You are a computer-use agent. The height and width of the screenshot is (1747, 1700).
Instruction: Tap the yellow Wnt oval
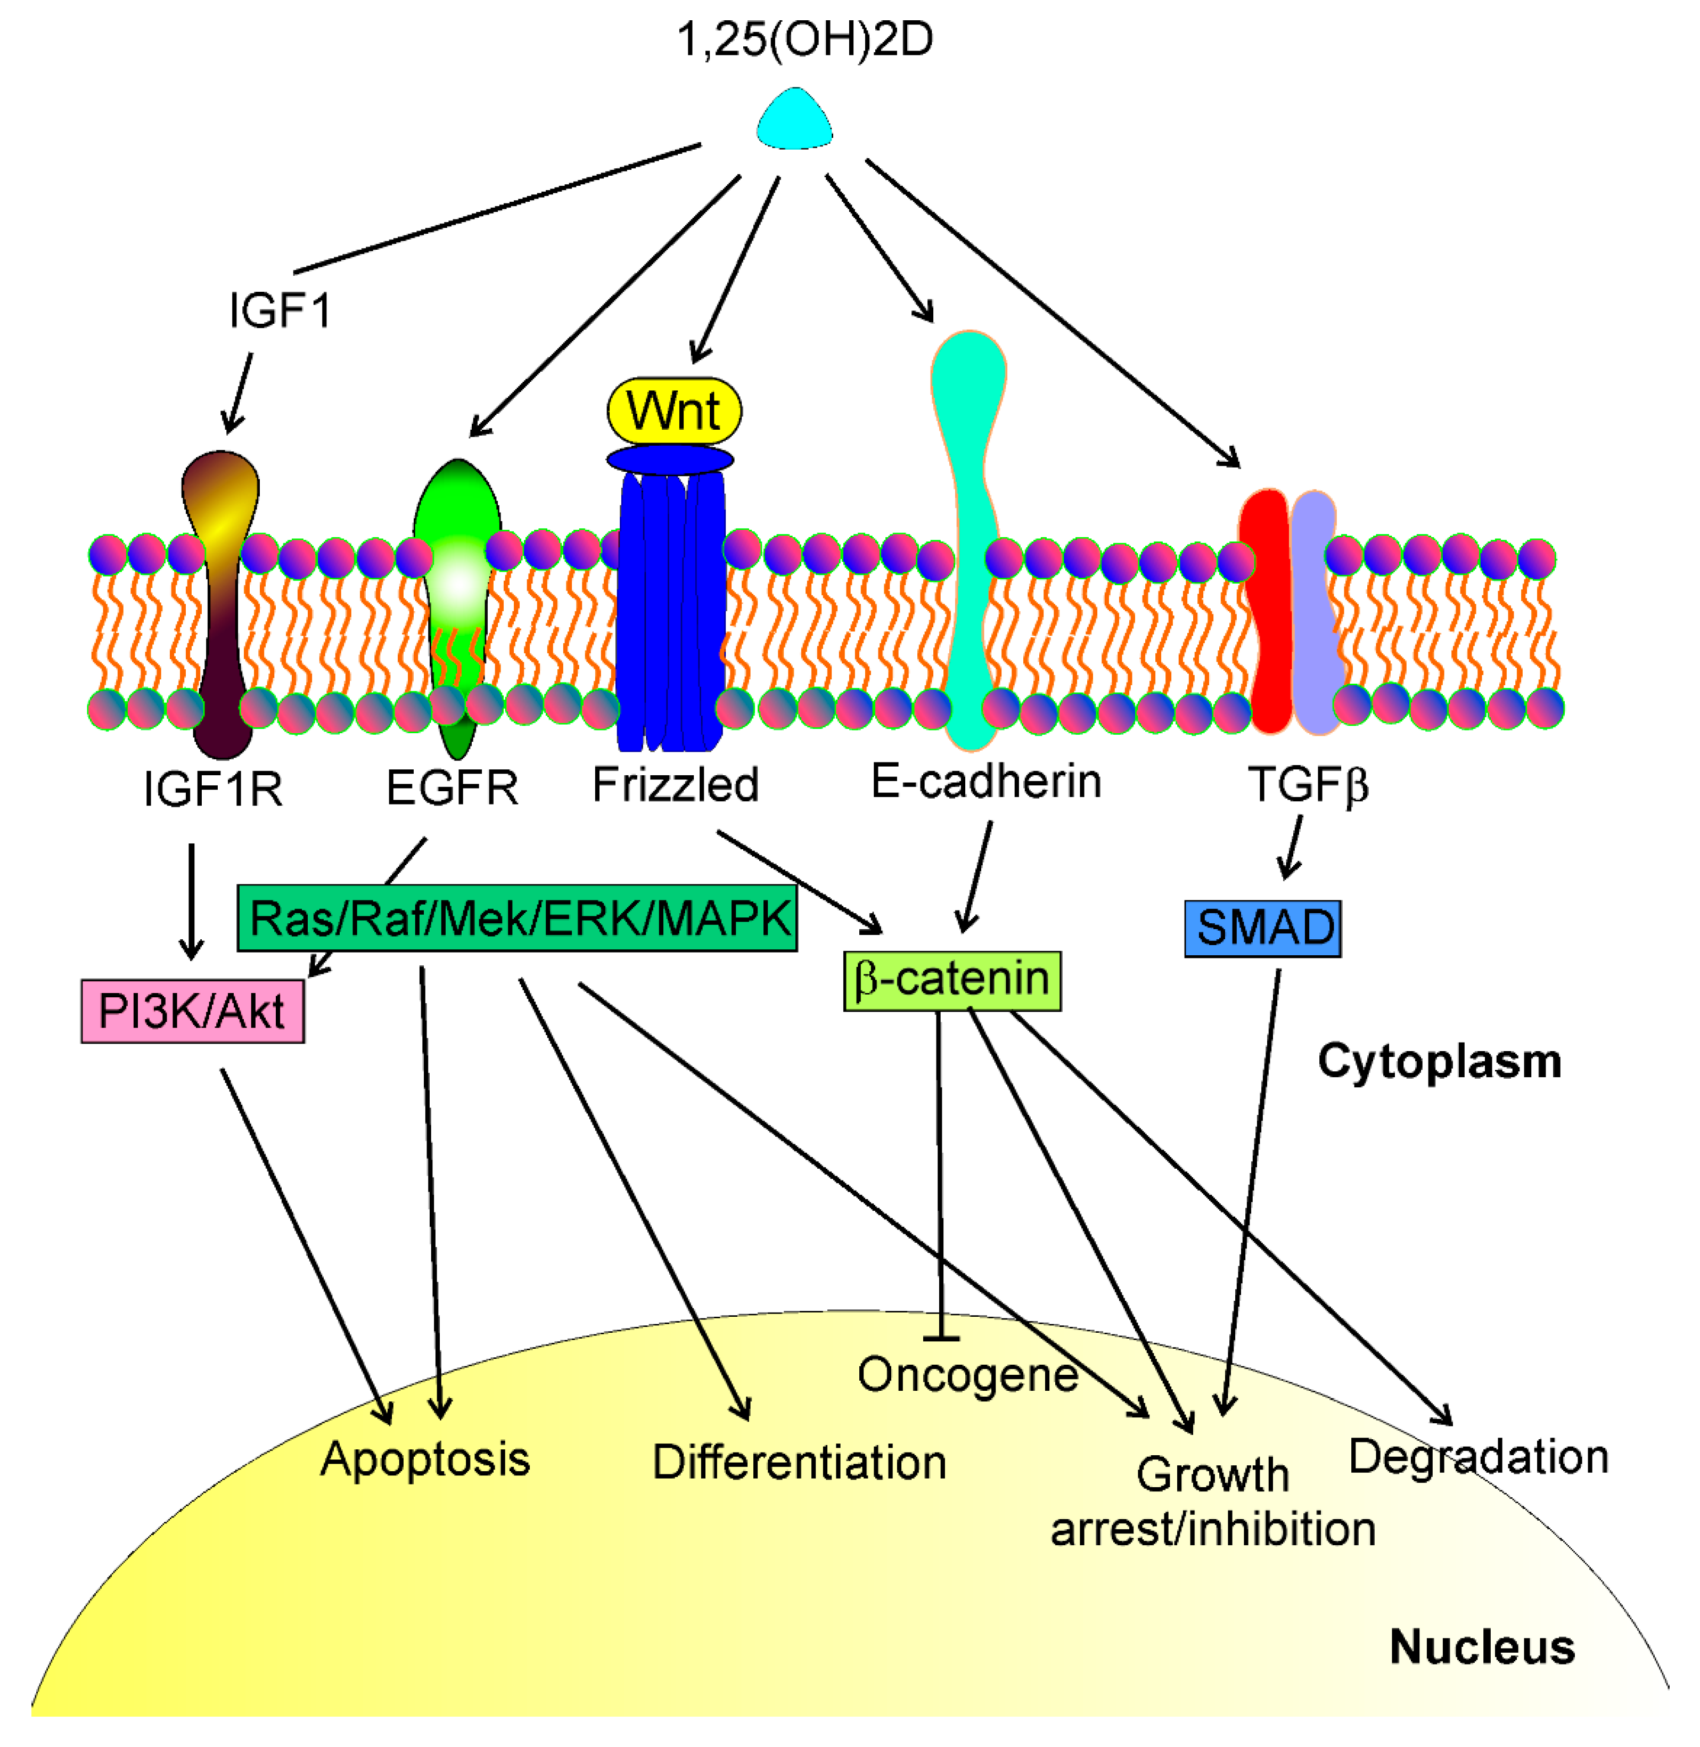[674, 411]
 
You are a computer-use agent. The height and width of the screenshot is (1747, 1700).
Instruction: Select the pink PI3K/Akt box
[192, 1011]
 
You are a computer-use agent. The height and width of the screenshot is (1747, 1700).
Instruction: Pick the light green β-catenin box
[952, 980]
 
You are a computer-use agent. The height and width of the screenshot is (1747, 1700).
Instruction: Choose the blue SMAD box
[1262, 928]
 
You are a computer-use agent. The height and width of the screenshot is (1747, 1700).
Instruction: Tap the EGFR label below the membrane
[452, 788]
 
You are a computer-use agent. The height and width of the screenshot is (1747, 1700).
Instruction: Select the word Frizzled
[675, 785]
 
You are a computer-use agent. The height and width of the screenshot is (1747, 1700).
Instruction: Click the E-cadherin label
[985, 782]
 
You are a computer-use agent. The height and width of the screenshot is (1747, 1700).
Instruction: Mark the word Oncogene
[968, 1375]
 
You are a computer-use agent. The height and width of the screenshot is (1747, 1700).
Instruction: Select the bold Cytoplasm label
[1439, 1062]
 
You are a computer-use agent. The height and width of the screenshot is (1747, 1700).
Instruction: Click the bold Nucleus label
[1482, 1647]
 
